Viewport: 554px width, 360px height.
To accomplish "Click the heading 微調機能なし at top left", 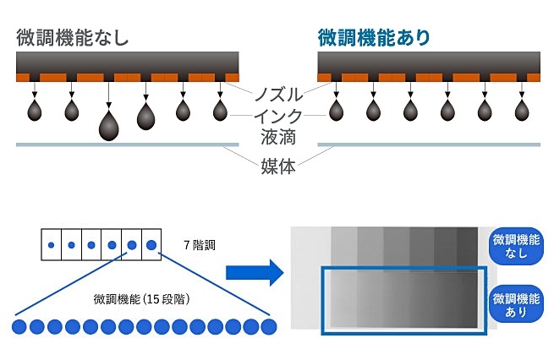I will [73, 37].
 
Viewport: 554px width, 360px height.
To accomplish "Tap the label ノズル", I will [277, 91].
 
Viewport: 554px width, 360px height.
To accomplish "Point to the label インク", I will [277, 115].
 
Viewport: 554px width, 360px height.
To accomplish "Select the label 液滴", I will [277, 138].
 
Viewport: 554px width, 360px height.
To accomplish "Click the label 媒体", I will [277, 166].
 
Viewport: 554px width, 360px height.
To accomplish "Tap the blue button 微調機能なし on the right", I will [516, 244].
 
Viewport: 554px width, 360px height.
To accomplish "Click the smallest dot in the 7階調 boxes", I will [51, 246].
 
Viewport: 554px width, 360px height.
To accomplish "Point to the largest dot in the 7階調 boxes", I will [151, 246].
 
